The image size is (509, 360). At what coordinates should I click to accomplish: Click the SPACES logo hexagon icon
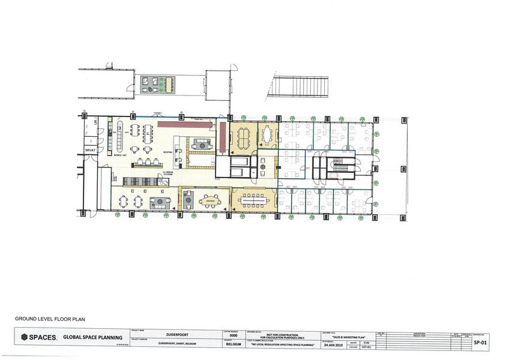[x=25, y=338]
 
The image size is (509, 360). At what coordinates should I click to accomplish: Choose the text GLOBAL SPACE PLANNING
[x=88, y=338]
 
